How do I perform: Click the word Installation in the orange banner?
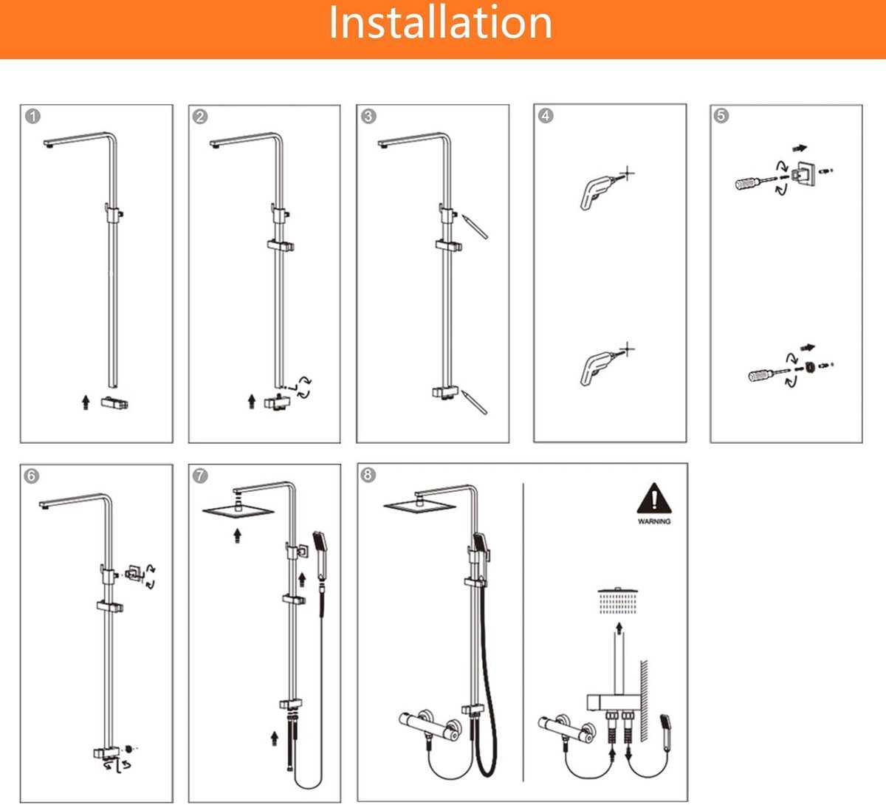[x=440, y=23]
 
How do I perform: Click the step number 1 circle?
[x=32, y=117]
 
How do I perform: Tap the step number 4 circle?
[x=546, y=116]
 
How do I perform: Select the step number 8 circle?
[x=368, y=475]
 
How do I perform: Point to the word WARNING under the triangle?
[x=654, y=521]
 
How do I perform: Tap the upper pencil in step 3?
[x=475, y=226]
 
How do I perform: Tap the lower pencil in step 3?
[x=474, y=402]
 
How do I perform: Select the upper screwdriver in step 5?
[x=756, y=182]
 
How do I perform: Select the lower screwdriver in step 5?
[x=769, y=374]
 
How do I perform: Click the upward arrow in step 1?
[x=86, y=402]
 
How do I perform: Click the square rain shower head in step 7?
[x=238, y=512]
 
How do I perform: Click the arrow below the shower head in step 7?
[x=238, y=535]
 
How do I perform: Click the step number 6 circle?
[x=31, y=476]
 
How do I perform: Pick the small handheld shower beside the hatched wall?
[x=665, y=732]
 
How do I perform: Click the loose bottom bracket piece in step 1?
[x=114, y=403]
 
